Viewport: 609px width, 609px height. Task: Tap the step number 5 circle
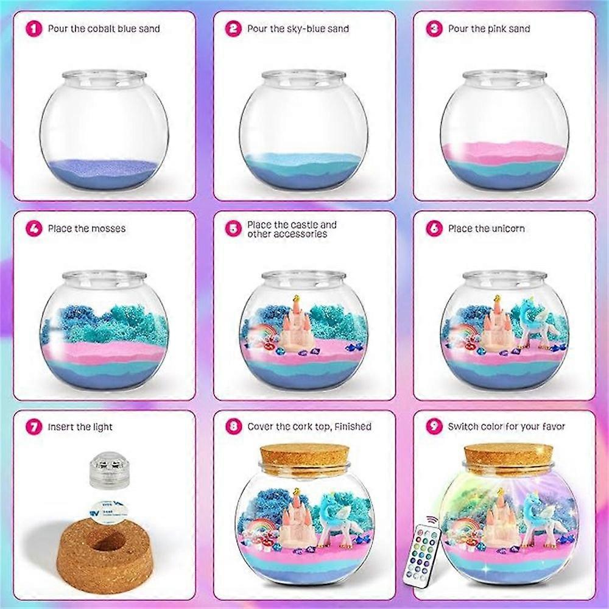[234, 228]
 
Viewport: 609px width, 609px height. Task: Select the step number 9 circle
[434, 427]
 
